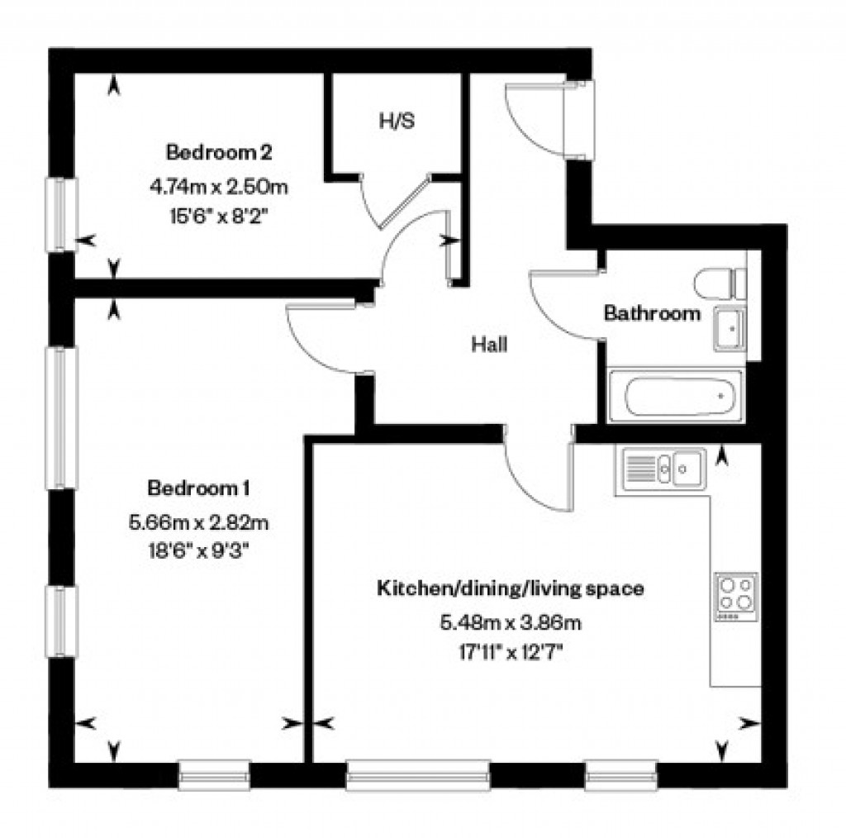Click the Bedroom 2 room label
[219, 153]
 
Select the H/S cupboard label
[397, 121]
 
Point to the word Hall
[489, 345]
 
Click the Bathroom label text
[652, 314]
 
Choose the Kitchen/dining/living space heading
[511, 589]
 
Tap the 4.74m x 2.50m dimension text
[219, 187]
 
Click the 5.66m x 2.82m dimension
[199, 522]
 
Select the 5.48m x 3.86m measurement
[511, 622]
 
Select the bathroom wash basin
[729, 329]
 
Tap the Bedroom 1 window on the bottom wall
[214, 774]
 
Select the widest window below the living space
[417, 774]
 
